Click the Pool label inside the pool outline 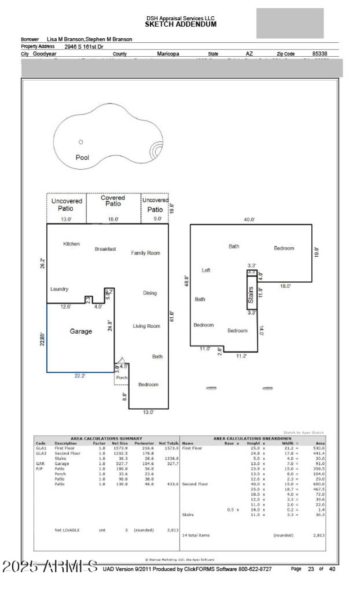(82, 158)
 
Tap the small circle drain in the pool (81, 142)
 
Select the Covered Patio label (113, 201)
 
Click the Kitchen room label (72, 244)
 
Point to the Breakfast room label (105, 249)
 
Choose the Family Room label (145, 253)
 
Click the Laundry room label (59, 289)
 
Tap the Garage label (81, 331)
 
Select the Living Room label (146, 326)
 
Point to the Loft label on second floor (206, 270)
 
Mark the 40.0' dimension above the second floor (249, 219)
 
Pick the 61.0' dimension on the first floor (171, 317)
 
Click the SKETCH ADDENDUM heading (180, 24)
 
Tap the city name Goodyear (45, 54)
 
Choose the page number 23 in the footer (310, 569)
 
